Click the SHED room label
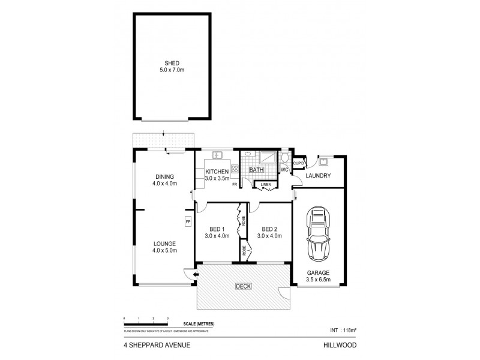(x=173, y=63)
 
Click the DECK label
(x=243, y=286)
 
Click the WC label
(x=285, y=170)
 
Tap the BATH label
(x=257, y=170)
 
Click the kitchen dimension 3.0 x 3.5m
(x=217, y=178)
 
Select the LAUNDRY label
(x=319, y=176)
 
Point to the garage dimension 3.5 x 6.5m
(x=319, y=278)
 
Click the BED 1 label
(x=217, y=229)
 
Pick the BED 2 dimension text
(x=268, y=236)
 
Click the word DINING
(x=164, y=176)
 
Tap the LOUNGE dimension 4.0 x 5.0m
(x=164, y=251)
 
